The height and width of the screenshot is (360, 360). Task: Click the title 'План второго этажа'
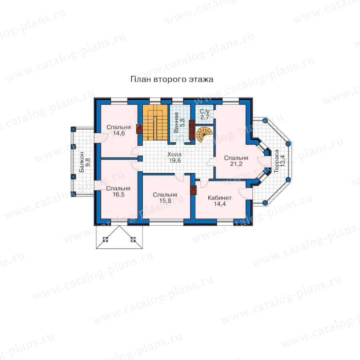tap(172, 80)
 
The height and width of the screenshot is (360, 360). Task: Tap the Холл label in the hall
tap(174, 154)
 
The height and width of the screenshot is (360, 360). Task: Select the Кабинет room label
tap(220, 198)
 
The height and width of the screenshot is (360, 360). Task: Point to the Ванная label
tap(176, 122)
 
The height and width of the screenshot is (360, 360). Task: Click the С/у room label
tap(204, 112)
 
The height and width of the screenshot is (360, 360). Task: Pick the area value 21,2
tap(236, 164)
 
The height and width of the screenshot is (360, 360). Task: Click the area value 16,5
tap(118, 194)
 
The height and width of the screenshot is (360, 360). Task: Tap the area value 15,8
tap(165, 201)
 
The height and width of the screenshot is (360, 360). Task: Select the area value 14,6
tap(119, 133)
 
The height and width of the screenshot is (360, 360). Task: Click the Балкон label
tap(82, 162)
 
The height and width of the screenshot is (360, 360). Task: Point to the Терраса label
tap(276, 161)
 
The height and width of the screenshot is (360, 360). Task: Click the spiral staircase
tap(204, 134)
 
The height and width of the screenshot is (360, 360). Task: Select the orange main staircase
tap(155, 122)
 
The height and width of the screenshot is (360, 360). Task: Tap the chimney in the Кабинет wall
tap(194, 190)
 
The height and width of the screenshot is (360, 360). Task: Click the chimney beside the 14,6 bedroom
tap(139, 128)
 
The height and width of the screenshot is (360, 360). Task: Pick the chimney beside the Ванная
tap(192, 130)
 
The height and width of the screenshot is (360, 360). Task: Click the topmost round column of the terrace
tap(265, 120)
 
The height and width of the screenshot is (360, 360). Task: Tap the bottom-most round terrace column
tap(265, 203)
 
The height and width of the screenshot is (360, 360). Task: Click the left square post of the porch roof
tap(105, 240)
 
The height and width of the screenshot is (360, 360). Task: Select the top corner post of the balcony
tap(73, 129)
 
